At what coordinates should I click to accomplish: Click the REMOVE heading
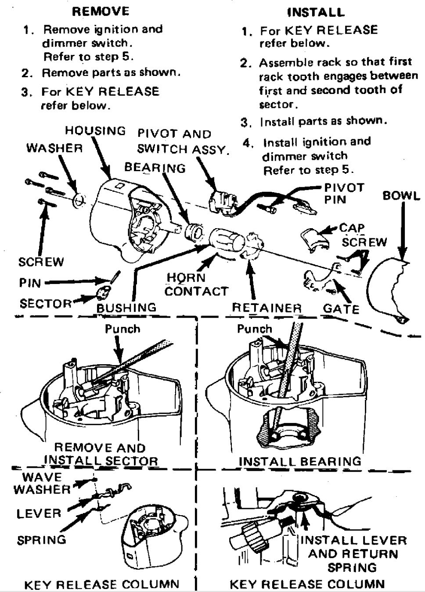[x=101, y=11]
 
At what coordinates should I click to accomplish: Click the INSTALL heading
[x=316, y=12]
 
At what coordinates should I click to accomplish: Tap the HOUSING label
[x=95, y=131]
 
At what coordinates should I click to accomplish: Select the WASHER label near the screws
[x=54, y=148]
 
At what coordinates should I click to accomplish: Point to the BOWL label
[x=401, y=195]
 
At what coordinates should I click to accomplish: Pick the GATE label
[x=341, y=309]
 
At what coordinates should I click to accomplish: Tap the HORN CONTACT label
[x=196, y=284]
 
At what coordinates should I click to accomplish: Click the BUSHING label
[x=126, y=308]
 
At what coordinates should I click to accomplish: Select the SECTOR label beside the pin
[x=45, y=303]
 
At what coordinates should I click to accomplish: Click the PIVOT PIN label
[x=344, y=194]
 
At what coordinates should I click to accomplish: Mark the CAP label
[x=352, y=228]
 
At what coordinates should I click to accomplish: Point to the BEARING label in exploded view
[x=155, y=168]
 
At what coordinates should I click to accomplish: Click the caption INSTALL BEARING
[x=300, y=461]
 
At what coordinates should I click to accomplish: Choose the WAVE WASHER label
[x=42, y=483]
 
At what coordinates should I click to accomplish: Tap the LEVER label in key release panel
[x=39, y=513]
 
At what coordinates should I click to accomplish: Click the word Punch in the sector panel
[x=122, y=329]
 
